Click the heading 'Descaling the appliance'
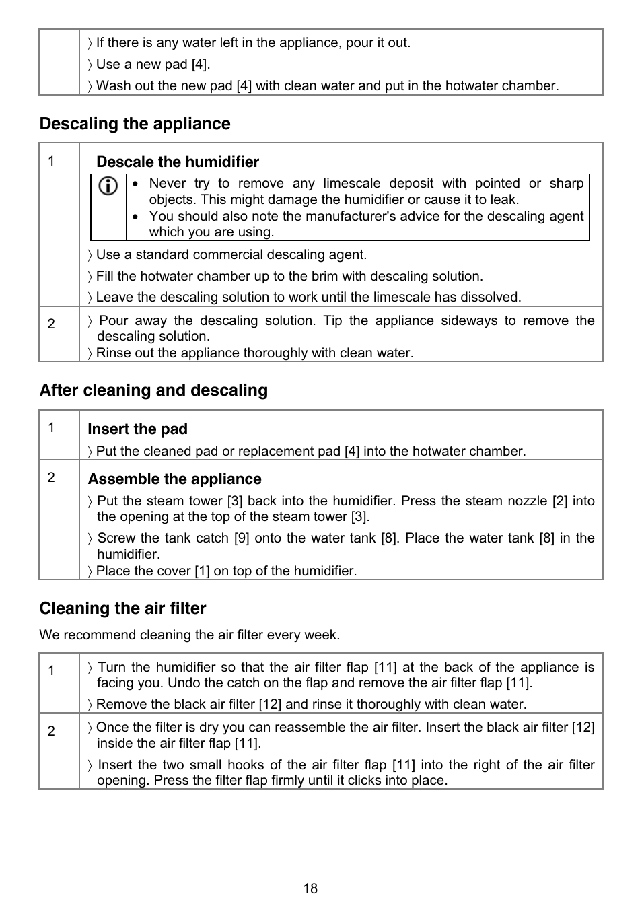tap(135, 124)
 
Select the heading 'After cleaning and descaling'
tap(153, 390)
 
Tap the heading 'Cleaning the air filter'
tap(122, 608)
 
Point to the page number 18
tap(310, 888)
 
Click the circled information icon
tap(108, 186)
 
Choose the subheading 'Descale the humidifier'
tap(178, 162)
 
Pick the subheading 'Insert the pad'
tap(137, 429)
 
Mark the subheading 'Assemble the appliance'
tap(174, 479)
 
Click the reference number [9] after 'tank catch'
tap(242, 538)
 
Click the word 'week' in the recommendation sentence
tap(322, 635)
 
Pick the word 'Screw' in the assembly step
tap(116, 538)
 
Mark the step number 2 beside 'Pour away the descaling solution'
tap(51, 324)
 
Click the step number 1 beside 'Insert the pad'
tap(51, 428)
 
